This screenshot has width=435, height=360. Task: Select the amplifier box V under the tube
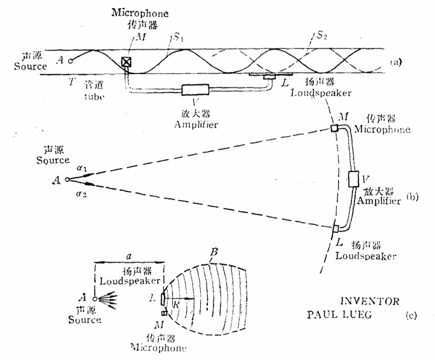pyautogui.click(x=195, y=90)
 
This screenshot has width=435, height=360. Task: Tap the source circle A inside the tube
pyautogui.click(x=71, y=60)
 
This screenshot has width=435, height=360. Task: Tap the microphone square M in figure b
pyautogui.click(x=335, y=128)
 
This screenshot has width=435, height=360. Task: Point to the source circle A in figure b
pyautogui.click(x=68, y=180)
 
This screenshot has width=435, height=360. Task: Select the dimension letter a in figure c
pyautogui.click(x=128, y=256)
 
